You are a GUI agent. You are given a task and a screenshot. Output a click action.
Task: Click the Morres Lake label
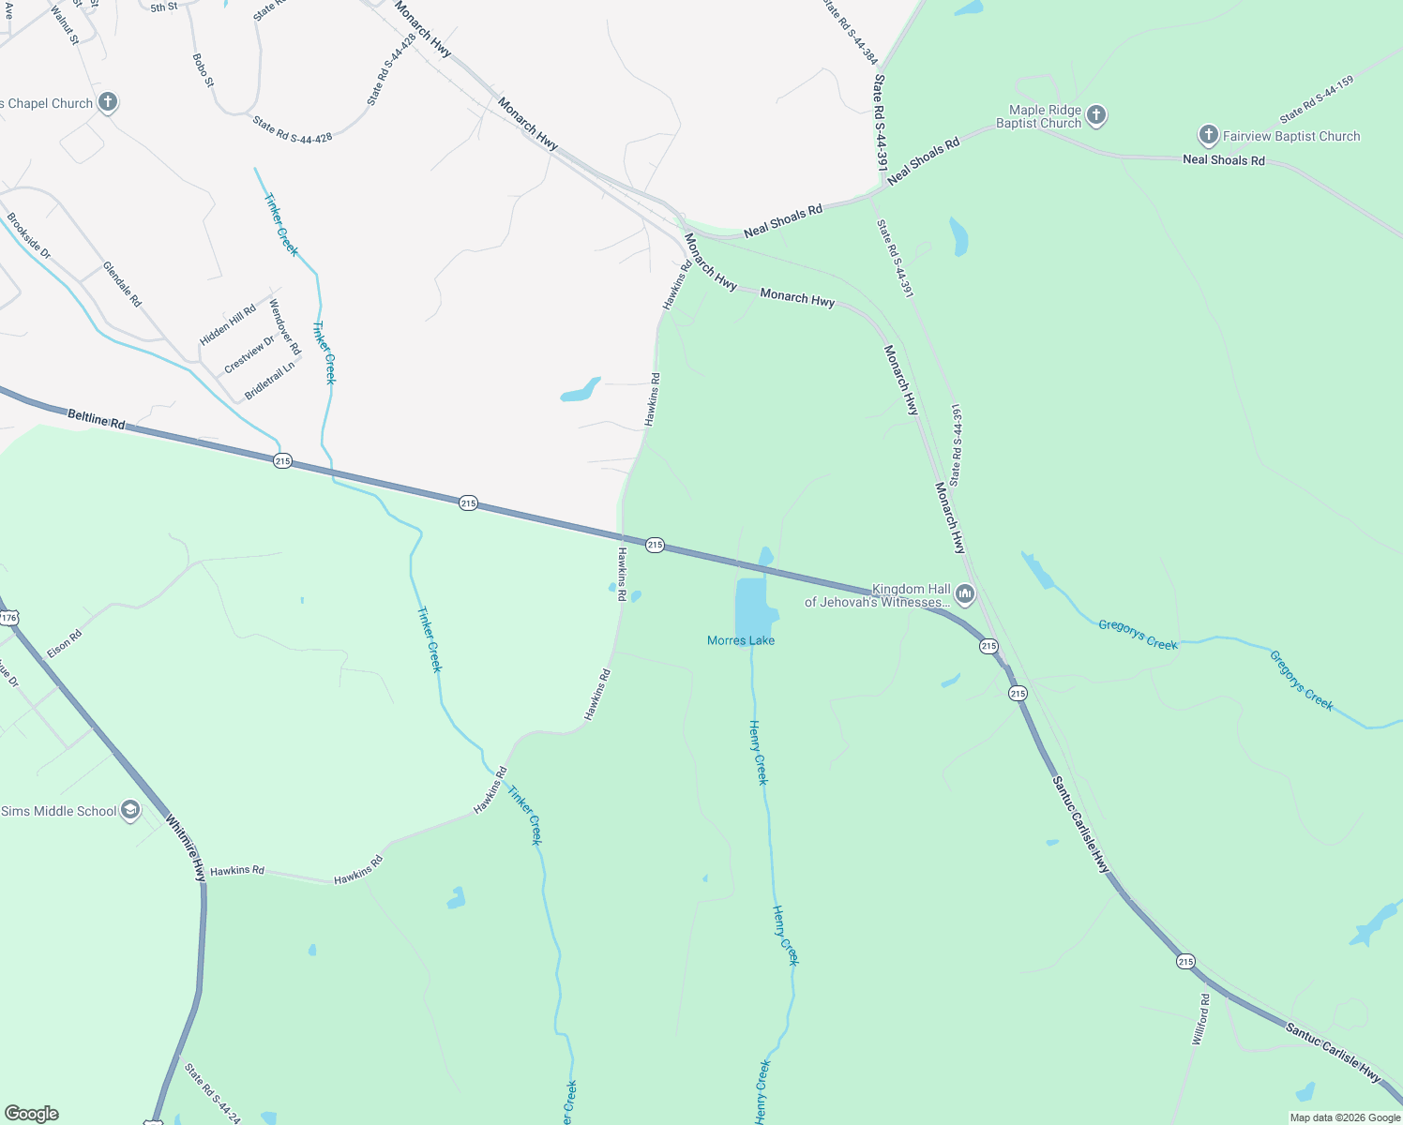coord(741,640)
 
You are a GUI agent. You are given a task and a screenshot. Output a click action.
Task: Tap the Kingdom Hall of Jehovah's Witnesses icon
coord(965,594)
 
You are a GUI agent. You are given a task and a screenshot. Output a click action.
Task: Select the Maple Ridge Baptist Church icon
coord(1096,115)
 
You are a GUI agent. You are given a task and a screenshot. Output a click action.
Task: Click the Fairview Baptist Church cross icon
coord(1209,136)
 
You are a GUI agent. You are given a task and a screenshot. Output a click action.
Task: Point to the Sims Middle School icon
coord(130,811)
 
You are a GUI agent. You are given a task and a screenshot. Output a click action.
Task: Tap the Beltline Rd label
coord(97,418)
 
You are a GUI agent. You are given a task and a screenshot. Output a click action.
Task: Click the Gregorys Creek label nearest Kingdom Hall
coord(1138,635)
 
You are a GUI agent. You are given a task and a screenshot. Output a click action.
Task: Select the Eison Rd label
coord(65,643)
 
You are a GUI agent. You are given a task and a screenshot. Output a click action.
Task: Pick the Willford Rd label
coord(1200,1020)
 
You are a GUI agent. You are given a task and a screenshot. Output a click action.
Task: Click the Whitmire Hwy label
coord(186,847)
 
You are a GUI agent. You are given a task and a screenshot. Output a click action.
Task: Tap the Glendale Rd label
coord(122,284)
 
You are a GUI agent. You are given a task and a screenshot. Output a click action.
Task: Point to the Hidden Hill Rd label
coord(228,325)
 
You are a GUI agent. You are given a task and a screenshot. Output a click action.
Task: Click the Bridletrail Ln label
coord(269,381)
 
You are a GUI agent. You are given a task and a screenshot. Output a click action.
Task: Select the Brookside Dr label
coord(29,236)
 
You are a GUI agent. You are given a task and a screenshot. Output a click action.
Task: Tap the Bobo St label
coord(204,70)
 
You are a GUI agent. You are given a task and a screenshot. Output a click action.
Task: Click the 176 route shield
coord(8,618)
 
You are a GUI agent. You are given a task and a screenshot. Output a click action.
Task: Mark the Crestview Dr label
coord(249,354)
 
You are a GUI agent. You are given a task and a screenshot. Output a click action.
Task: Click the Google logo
coord(32,1114)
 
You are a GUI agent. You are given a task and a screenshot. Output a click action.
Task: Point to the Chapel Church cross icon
coord(108,102)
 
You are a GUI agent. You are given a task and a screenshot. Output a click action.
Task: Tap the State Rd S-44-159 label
coord(1317,100)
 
